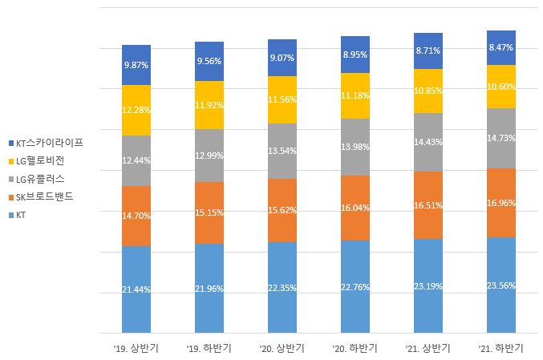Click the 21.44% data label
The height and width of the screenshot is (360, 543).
[x=136, y=289]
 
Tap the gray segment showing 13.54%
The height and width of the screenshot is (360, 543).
[x=282, y=150]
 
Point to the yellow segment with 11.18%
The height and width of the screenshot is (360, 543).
[x=355, y=96]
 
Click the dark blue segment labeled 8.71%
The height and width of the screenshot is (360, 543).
[x=428, y=51]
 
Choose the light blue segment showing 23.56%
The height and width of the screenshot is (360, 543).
[x=501, y=285]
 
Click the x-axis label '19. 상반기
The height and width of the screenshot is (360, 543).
[x=136, y=349]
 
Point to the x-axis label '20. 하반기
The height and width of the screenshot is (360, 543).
[x=355, y=349]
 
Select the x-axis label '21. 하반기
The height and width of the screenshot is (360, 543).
[x=501, y=349]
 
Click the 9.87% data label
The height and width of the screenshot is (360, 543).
[x=136, y=65]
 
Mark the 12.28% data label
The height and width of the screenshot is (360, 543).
[x=136, y=109]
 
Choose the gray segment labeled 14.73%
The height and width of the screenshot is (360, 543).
[x=501, y=138]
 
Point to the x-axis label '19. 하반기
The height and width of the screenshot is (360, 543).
[x=209, y=349]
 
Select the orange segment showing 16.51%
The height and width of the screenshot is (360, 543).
[x=428, y=204]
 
